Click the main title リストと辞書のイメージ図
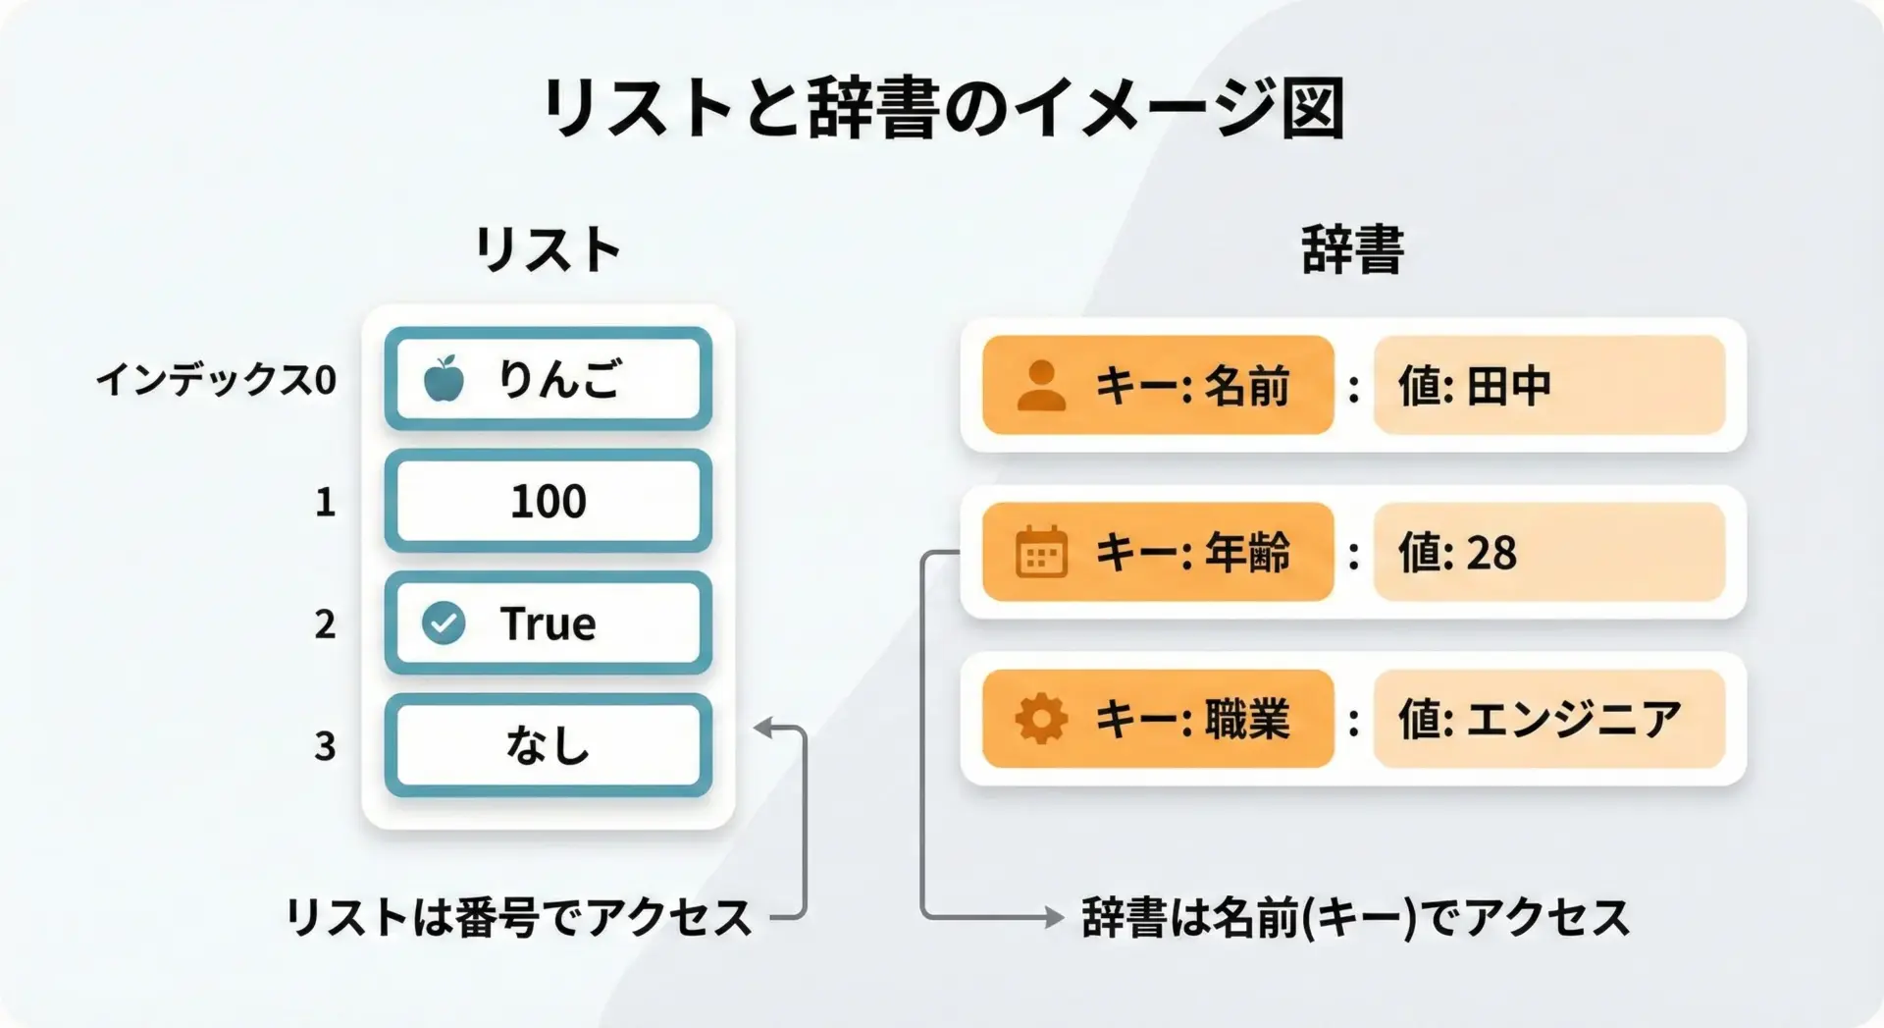pos(942,108)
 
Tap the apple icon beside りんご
pos(444,379)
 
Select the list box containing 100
pos(548,501)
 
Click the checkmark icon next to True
pos(444,622)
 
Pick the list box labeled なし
pos(548,744)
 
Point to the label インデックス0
pos(216,379)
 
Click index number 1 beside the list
pos(325,503)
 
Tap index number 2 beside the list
pos(325,624)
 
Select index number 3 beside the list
pos(325,746)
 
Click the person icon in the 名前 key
pos(1041,385)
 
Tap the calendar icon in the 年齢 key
pos(1041,552)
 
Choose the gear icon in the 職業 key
pos(1041,719)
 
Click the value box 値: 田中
pos(1548,385)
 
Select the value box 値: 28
pos(1548,552)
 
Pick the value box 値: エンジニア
pos(1548,719)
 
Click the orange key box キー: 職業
pos(1158,719)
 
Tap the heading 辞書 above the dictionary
pos(1352,249)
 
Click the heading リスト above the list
pos(548,249)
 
